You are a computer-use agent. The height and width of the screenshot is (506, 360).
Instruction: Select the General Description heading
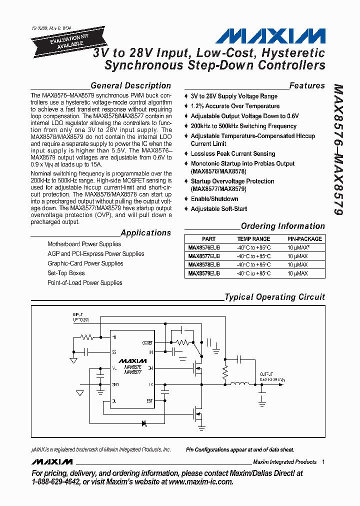pos(130,85)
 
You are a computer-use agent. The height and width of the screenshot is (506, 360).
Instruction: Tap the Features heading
pos(307,85)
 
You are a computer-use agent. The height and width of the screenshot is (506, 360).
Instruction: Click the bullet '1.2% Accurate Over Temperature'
pos(235,106)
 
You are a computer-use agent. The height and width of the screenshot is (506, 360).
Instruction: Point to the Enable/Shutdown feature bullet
pos(214,199)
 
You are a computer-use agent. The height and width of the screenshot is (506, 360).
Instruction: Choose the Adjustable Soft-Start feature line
pos(219,209)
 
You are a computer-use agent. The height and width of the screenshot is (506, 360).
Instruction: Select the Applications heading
pos(145,232)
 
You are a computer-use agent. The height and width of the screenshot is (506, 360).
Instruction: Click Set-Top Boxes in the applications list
pos(66,273)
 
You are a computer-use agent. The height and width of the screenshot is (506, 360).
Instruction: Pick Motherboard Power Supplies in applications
pos(84,244)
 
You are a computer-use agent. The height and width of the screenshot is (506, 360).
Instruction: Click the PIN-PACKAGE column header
pos(304,239)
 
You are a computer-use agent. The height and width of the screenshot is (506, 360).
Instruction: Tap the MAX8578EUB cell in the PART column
pos(203,264)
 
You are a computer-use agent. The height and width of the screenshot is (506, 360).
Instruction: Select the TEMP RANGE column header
pos(253,239)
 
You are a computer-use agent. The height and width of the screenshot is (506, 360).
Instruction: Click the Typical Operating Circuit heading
pos(274,297)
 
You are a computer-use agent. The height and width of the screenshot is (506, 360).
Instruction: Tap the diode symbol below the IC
pos(144,423)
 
